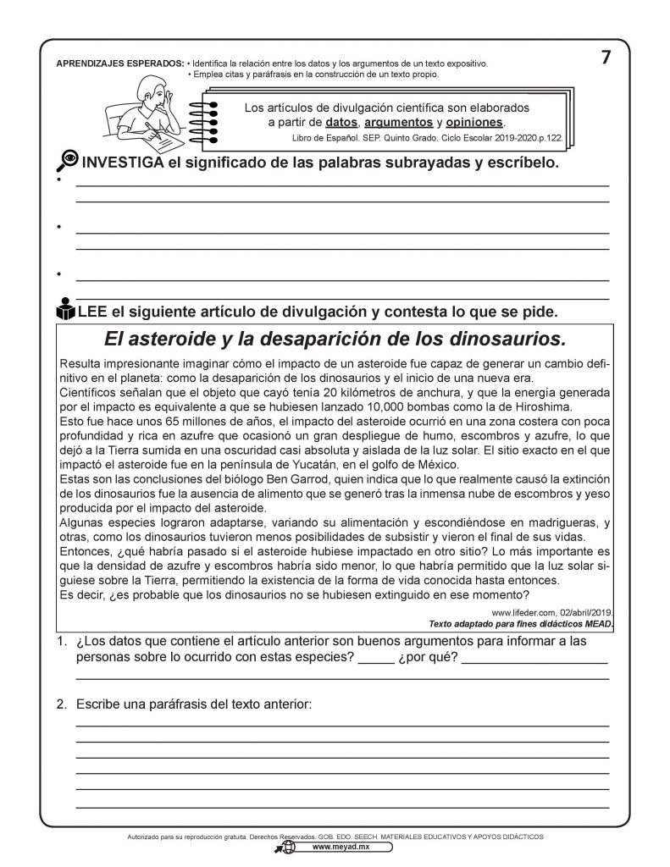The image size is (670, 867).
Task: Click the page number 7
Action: pos(605,58)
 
